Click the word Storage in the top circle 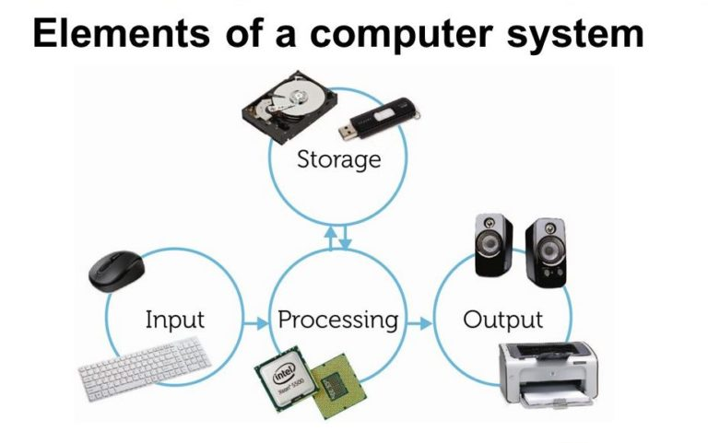click(338, 159)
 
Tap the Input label click(174, 321)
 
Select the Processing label click(338, 321)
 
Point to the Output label click(502, 321)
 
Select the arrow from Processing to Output click(419, 323)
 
